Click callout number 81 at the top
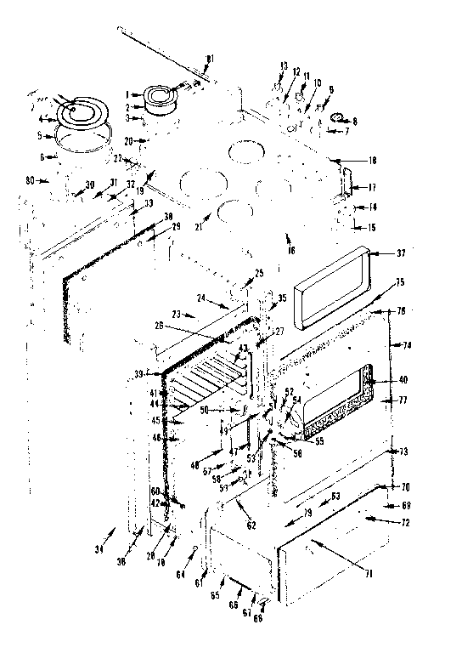210,58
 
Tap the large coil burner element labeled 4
76,110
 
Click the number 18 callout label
348,160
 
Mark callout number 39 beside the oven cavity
138,374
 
